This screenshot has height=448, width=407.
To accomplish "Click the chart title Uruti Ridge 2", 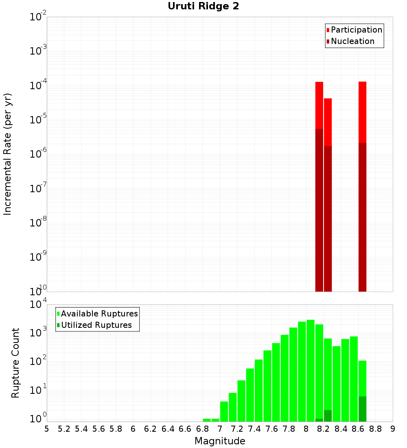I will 203,7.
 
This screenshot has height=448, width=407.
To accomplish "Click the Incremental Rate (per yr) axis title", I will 8,154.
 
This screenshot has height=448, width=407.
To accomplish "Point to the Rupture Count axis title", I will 15,362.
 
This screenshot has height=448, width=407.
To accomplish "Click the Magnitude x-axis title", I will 220,441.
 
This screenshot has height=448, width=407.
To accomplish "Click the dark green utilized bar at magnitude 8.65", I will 362,409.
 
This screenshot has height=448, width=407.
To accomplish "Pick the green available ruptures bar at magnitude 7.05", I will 224,411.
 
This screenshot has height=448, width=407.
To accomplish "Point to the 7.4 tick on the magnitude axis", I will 254,428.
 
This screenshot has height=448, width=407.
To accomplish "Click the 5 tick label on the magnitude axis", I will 47,428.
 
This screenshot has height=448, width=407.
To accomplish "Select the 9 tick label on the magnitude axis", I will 393,428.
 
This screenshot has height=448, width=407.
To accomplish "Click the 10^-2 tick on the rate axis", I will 38,17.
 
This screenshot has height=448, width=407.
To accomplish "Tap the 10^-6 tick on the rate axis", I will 38,154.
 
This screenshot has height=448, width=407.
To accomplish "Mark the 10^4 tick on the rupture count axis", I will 38,305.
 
